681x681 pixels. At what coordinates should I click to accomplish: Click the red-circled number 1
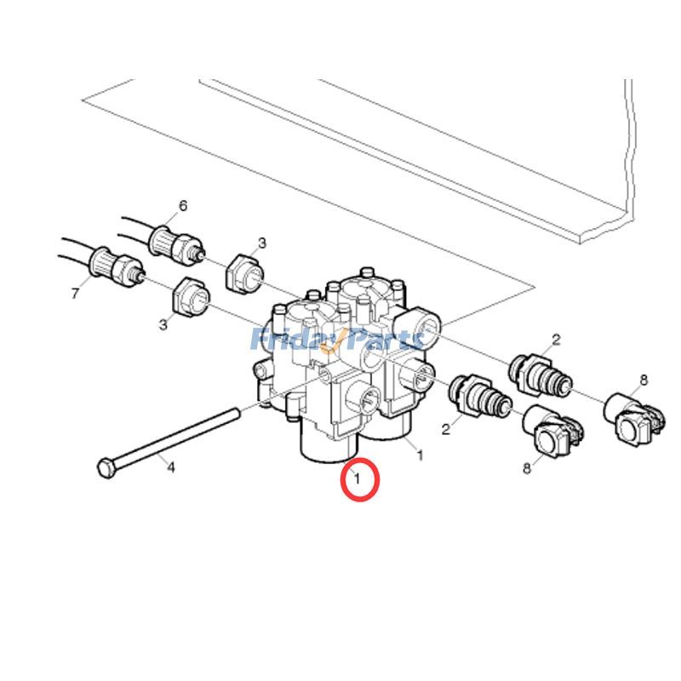(358, 480)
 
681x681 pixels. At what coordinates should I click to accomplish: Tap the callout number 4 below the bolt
(169, 467)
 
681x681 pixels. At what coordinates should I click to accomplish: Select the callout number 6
(182, 206)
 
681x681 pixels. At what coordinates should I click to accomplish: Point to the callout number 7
(75, 294)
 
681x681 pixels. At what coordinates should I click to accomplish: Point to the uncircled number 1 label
(419, 455)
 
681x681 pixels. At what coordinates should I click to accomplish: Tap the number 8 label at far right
(644, 380)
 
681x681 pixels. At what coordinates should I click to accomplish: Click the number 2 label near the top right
(556, 340)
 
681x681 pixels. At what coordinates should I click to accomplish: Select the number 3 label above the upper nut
(262, 243)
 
